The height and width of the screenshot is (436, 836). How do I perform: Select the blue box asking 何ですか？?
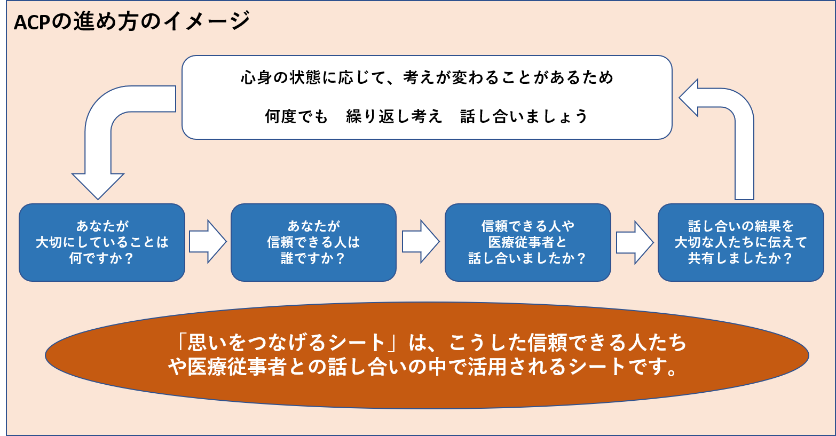[101, 242]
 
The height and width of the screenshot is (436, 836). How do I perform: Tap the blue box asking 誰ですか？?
[313, 242]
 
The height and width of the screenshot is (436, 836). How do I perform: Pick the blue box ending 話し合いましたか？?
[527, 242]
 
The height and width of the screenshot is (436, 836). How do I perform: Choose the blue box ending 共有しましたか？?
[740, 242]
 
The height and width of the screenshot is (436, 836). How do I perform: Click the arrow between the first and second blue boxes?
[208, 242]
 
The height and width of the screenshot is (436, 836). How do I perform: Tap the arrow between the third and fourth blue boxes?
[634, 242]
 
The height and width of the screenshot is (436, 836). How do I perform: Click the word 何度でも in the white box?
[296, 116]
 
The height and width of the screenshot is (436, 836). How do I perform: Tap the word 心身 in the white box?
[257, 78]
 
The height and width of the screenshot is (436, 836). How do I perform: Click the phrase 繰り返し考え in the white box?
[394, 116]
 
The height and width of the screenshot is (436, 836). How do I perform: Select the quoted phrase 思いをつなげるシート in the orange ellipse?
[286, 343]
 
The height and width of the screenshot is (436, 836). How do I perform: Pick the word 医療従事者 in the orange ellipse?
[237, 367]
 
